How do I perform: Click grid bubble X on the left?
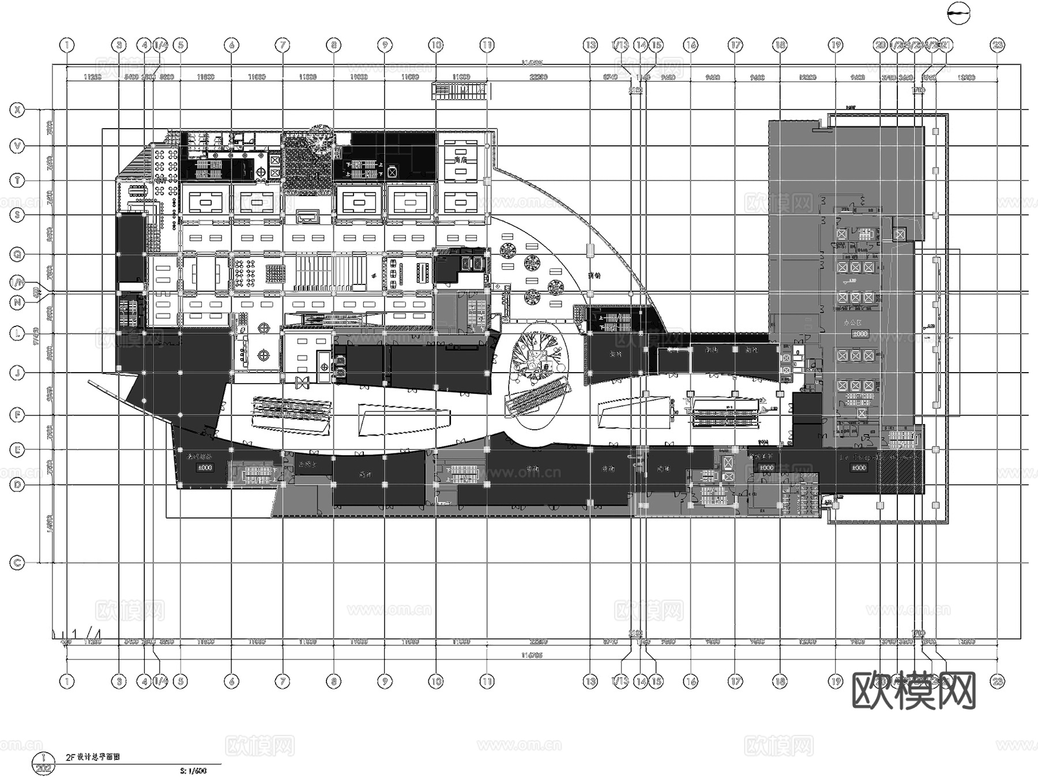click(x=18, y=110)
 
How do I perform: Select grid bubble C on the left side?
click(x=18, y=563)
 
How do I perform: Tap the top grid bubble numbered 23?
click(x=998, y=45)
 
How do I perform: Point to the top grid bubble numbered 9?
click(x=385, y=45)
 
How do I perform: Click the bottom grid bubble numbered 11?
click(x=487, y=682)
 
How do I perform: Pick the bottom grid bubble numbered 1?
click(x=67, y=682)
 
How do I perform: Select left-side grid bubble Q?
click(x=18, y=254)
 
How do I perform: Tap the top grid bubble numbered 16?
click(x=690, y=45)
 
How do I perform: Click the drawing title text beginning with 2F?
click(x=92, y=757)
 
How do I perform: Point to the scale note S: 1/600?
click(x=193, y=771)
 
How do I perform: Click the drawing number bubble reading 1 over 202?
click(x=43, y=763)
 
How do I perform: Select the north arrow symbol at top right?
click(x=959, y=14)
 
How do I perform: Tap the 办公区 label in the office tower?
click(x=852, y=323)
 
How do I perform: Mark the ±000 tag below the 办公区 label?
click(x=859, y=334)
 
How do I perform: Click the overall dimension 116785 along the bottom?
click(x=531, y=655)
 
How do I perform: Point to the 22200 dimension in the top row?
click(x=538, y=77)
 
